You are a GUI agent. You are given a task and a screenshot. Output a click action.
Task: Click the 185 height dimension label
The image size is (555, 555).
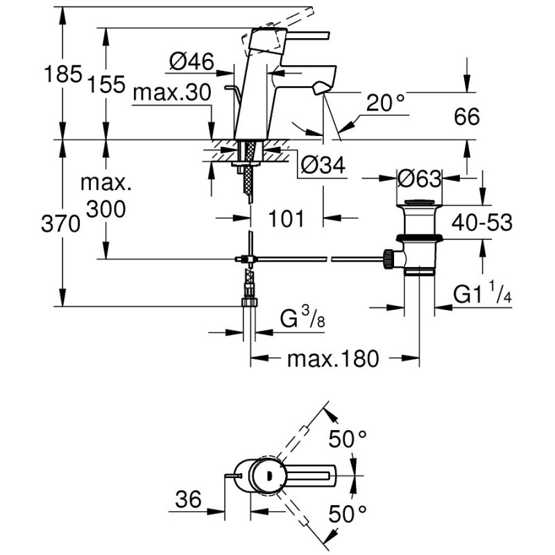[63, 75]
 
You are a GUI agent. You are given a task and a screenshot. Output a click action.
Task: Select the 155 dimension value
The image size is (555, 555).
[106, 85]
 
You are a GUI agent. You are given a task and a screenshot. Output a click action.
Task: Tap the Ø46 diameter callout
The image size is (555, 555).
[191, 62]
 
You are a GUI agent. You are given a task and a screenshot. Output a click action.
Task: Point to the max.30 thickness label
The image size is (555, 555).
[172, 93]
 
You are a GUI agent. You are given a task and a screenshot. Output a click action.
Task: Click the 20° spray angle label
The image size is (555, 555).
[386, 103]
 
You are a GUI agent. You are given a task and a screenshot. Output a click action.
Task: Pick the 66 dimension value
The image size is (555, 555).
[467, 117]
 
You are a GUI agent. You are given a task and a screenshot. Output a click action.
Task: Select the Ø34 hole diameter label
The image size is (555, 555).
[323, 164]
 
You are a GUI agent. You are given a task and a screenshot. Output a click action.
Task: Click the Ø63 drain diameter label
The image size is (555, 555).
[420, 178]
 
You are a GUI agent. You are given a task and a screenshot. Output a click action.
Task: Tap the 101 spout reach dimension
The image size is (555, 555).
[286, 219]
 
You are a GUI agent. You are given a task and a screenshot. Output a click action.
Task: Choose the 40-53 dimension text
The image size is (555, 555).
[482, 223]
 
